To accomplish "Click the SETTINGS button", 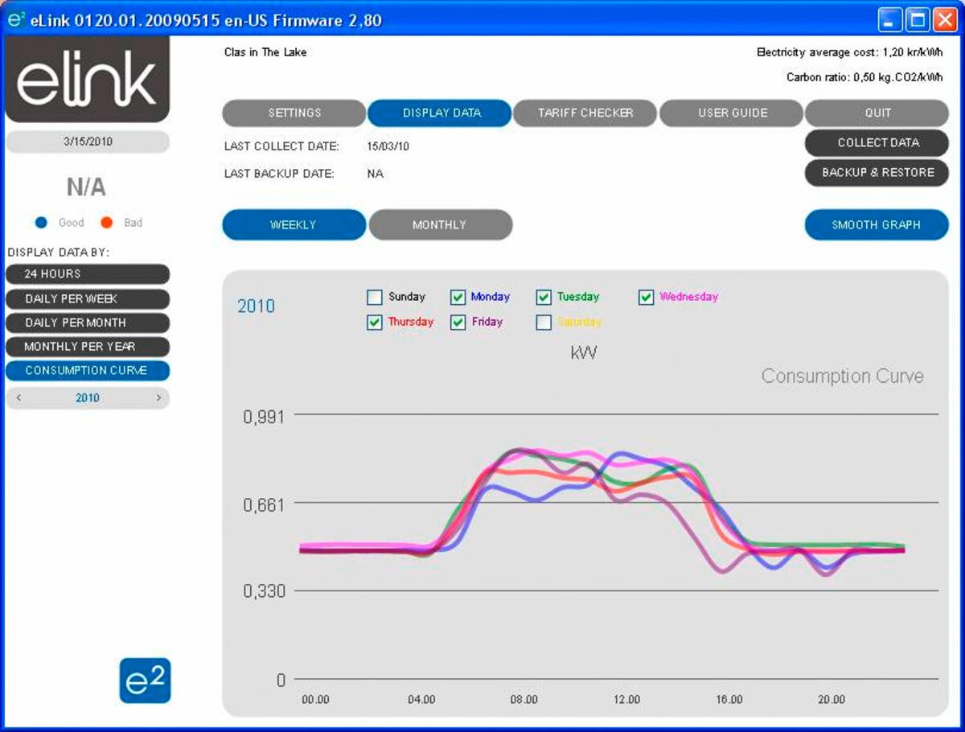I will [x=294, y=113].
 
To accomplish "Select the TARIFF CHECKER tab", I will [x=585, y=113].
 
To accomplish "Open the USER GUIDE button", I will [x=732, y=113].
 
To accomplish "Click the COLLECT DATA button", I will [x=877, y=143].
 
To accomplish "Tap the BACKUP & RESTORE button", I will [x=877, y=173].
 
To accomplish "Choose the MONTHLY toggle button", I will [x=440, y=225].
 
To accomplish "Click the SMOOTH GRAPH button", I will [x=877, y=225].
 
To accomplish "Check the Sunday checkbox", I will [x=375, y=298].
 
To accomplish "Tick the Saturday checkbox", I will [x=544, y=323].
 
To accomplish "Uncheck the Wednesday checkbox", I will [x=647, y=298].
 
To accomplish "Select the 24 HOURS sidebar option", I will [x=88, y=274].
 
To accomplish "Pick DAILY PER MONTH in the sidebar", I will [x=88, y=323].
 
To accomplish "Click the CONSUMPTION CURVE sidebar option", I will [x=88, y=371].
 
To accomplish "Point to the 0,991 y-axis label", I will [x=264, y=417].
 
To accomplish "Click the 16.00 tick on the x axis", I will [x=729, y=700].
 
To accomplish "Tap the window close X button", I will [x=943, y=20].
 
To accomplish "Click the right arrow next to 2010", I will [x=158, y=397].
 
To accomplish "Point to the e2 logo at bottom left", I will [x=146, y=681].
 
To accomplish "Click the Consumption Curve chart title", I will [x=842, y=376].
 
